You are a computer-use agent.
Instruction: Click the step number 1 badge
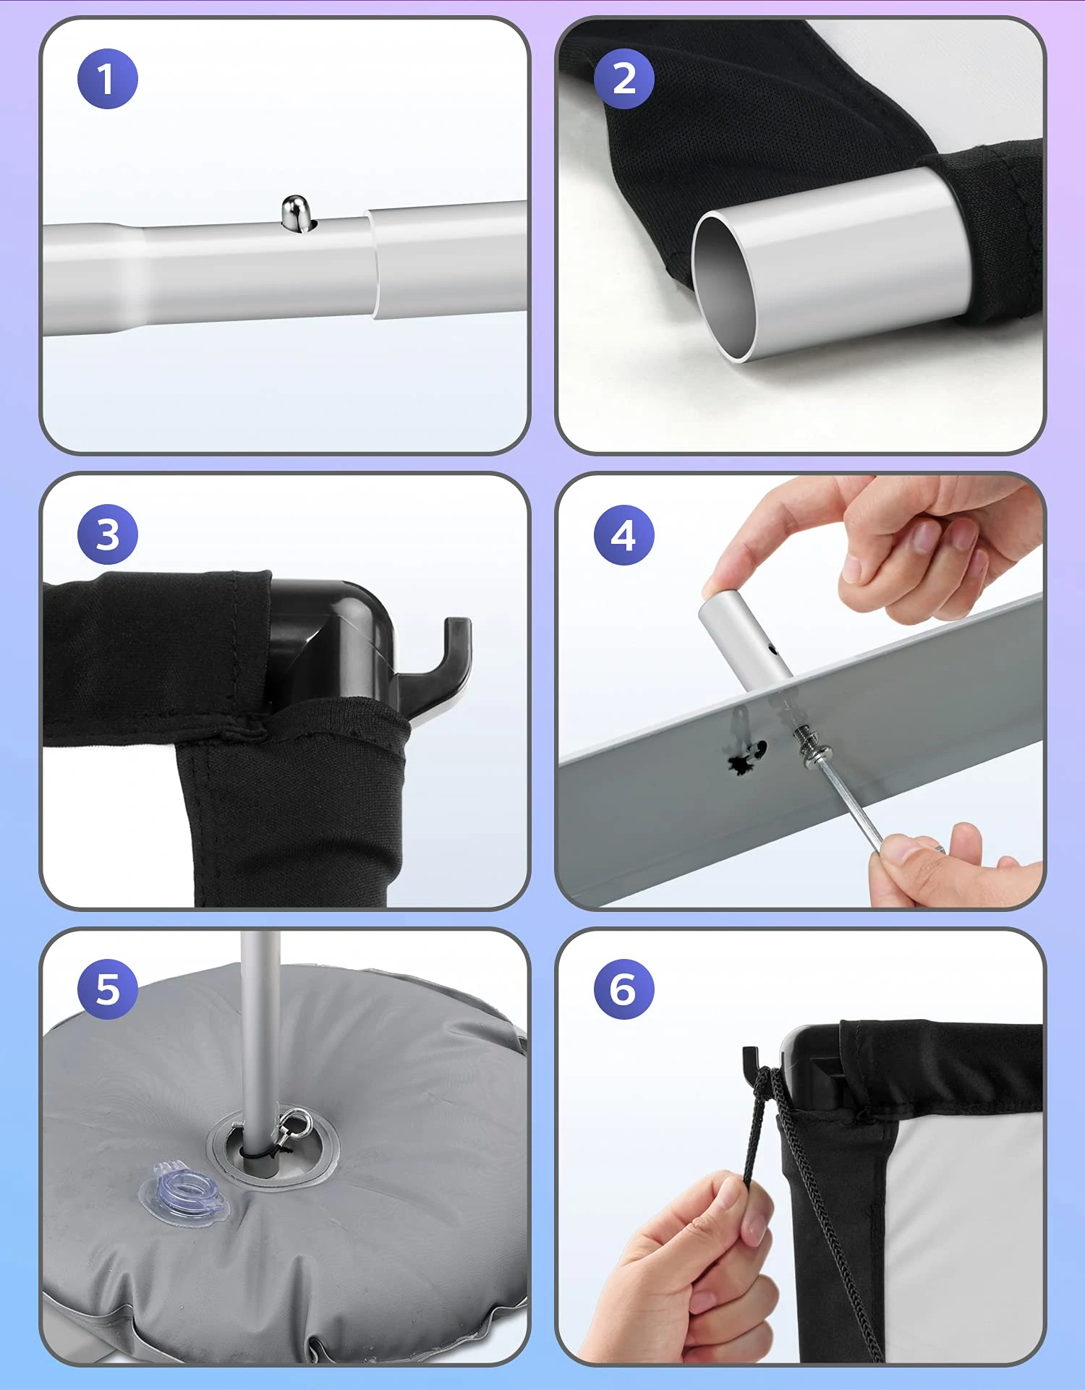click(108, 79)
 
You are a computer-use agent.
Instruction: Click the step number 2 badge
click(624, 79)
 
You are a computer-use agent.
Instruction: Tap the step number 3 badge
click(108, 534)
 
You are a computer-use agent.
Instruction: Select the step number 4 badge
click(624, 535)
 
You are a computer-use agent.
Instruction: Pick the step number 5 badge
click(108, 989)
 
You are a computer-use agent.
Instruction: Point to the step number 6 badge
click(624, 989)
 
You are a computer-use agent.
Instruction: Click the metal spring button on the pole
click(297, 213)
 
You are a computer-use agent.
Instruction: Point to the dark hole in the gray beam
click(746, 757)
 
